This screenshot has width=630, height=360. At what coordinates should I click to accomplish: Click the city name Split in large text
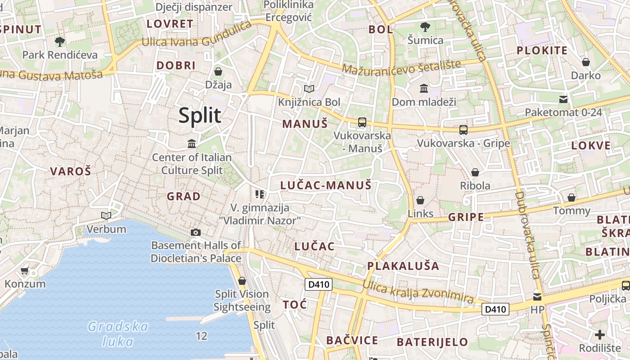200,116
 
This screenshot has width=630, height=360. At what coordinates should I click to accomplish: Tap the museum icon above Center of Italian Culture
192,144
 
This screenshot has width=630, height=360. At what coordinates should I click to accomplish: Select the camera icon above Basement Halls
195,232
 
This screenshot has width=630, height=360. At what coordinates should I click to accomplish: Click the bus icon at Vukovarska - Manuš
362,122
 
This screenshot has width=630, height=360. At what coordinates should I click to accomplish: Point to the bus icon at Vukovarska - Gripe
463,130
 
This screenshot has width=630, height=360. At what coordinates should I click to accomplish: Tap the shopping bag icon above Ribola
475,172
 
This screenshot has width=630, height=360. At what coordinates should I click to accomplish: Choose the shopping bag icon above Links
420,200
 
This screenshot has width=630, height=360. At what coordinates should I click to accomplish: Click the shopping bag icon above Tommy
571,198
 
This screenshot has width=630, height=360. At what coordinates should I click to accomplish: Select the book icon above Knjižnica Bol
309,89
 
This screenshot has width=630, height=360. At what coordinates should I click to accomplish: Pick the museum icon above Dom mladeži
424,89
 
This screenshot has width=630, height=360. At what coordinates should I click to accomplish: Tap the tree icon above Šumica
425,27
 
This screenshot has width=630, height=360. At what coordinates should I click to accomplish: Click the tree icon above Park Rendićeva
59,42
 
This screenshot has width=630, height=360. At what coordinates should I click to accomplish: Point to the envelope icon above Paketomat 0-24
563,99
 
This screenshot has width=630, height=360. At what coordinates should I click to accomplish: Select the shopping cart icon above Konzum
25,271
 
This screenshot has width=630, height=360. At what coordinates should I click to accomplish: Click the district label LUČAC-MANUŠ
326,185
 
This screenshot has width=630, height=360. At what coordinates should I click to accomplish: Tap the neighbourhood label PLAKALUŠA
403,265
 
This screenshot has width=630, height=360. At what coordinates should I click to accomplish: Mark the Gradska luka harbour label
118,333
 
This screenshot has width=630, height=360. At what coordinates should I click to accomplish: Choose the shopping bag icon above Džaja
218,72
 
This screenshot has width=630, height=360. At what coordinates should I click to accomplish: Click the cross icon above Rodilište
599,335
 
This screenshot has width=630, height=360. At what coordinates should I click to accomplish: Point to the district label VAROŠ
71,171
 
